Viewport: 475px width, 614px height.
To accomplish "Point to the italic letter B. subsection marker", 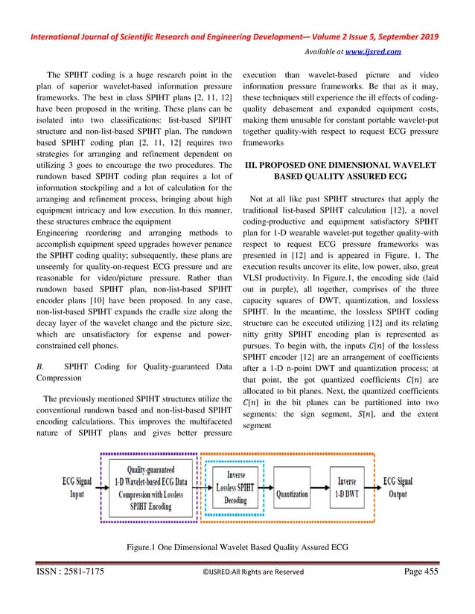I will point(40,366).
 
